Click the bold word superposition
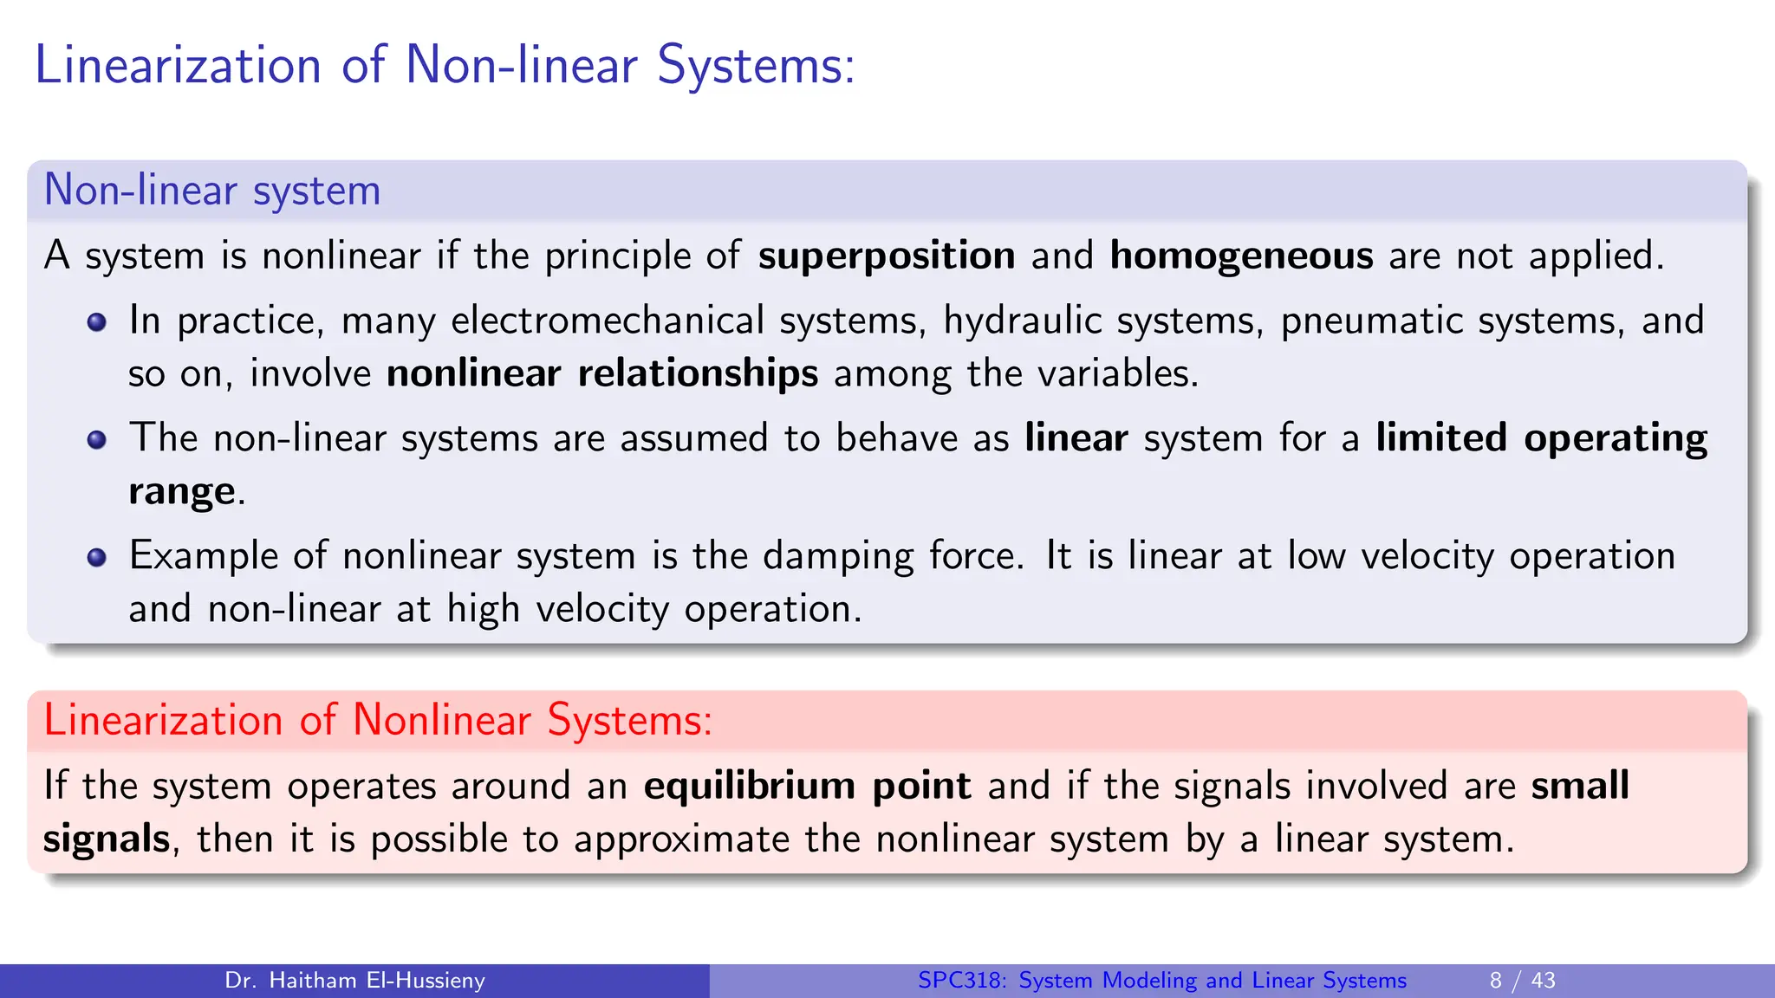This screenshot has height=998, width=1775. pyautogui.click(x=886, y=256)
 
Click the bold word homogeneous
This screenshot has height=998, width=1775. pyautogui.click(x=1241, y=256)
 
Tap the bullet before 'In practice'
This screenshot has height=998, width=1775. pyautogui.click(x=97, y=322)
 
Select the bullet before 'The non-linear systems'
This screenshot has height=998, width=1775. pyautogui.click(x=97, y=440)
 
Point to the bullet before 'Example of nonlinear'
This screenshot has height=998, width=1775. pyautogui.click(x=97, y=557)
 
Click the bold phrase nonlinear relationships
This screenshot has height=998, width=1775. pyautogui.click(x=602, y=374)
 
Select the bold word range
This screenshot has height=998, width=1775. pyautogui.click(x=181, y=492)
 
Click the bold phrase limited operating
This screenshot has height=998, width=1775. pyautogui.click(x=1541, y=438)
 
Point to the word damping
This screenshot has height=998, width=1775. pyautogui.click(x=837, y=556)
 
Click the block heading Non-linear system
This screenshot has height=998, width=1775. pyautogui.click(x=212, y=190)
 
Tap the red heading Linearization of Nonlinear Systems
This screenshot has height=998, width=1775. pyautogui.click(x=378, y=720)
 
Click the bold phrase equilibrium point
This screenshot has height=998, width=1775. pyautogui.click(x=807, y=786)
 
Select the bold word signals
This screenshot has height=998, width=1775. pyautogui.click(x=107, y=839)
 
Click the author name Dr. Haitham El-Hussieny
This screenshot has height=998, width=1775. pyautogui.click(x=354, y=981)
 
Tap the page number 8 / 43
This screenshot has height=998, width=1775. pyautogui.click(x=1522, y=981)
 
